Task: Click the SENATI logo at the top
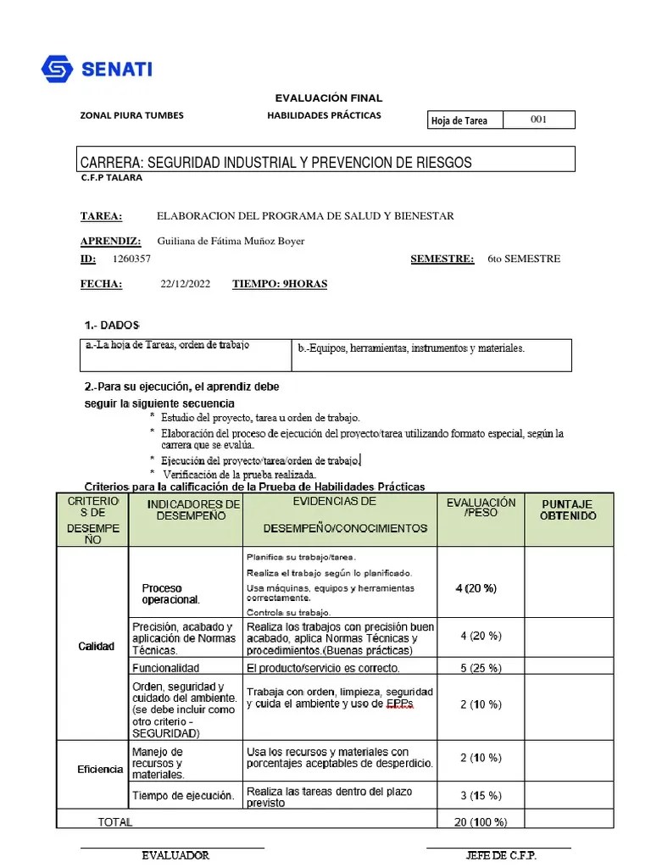[x=97, y=69]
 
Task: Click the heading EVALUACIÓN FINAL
[x=329, y=98]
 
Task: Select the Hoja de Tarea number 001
[x=538, y=120]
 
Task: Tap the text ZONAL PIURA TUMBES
[x=131, y=115]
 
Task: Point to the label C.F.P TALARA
[x=111, y=178]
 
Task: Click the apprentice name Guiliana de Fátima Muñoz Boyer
[x=231, y=241]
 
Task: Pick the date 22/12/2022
[x=185, y=284]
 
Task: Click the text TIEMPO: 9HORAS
[x=280, y=284]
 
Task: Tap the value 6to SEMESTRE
[x=524, y=259]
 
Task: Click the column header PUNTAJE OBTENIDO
[x=568, y=509]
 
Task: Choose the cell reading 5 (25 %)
[x=481, y=668]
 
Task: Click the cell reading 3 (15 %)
[x=481, y=795]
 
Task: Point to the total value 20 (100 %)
[x=481, y=821]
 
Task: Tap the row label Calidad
[x=96, y=647]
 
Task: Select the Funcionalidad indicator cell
[x=166, y=668]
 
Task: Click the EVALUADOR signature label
[x=175, y=855]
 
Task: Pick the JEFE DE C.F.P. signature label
[x=501, y=855]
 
